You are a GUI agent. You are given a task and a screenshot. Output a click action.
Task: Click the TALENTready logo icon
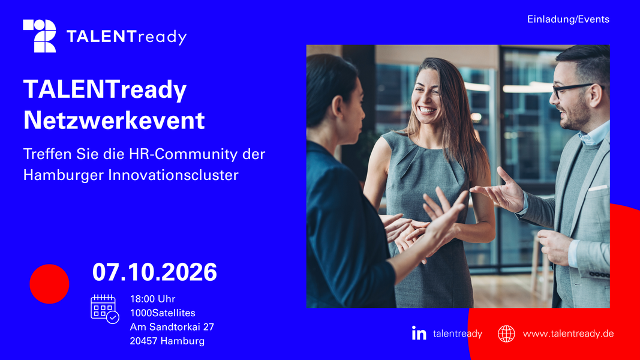40,36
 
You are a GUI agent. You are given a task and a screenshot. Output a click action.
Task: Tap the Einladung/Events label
568,19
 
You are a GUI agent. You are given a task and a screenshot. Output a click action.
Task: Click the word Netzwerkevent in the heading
114,120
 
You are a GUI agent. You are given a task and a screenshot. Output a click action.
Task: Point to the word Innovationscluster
173,175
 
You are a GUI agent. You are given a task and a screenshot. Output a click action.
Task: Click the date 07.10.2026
154,272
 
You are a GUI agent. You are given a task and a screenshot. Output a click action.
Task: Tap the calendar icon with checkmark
104,309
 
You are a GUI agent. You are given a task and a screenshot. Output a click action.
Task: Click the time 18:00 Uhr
153,299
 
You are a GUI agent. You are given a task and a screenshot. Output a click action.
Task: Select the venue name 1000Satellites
163,313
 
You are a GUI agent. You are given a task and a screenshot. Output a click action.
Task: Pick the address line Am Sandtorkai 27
172,327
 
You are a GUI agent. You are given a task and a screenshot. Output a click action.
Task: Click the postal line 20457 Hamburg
167,341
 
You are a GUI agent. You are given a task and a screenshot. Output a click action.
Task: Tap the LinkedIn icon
419,333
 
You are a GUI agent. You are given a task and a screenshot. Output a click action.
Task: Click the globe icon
506,334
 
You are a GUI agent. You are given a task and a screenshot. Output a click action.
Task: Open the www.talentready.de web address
568,334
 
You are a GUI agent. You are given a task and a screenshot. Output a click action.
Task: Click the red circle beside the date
49,284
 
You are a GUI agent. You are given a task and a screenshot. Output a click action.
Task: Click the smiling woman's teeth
427,110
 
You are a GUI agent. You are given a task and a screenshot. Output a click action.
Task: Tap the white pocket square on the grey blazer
598,188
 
